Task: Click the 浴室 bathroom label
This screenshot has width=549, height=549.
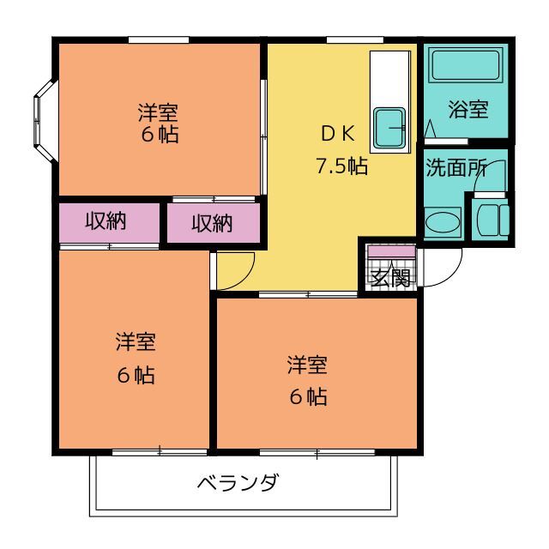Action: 468,109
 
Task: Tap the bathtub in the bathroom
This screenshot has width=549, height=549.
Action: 466,66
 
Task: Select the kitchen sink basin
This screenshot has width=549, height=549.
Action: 389,128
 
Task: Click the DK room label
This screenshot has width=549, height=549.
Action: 338,133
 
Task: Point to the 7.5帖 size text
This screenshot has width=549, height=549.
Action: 341,166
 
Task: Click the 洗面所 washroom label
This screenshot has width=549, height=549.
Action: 456,168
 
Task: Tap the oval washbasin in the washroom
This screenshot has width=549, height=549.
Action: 443,223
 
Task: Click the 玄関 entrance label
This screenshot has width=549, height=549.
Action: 390,278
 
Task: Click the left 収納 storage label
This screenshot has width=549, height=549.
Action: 106,221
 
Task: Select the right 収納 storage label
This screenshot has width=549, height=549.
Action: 212,223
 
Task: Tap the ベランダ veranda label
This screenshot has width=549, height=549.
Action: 238,482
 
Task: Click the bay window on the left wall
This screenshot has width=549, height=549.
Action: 45,120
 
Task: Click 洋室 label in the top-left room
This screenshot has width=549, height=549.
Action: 158,112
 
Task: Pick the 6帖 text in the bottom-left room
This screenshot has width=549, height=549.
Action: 136,375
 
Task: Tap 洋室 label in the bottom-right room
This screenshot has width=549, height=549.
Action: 307,365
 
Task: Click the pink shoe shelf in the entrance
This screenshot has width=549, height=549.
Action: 391,251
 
